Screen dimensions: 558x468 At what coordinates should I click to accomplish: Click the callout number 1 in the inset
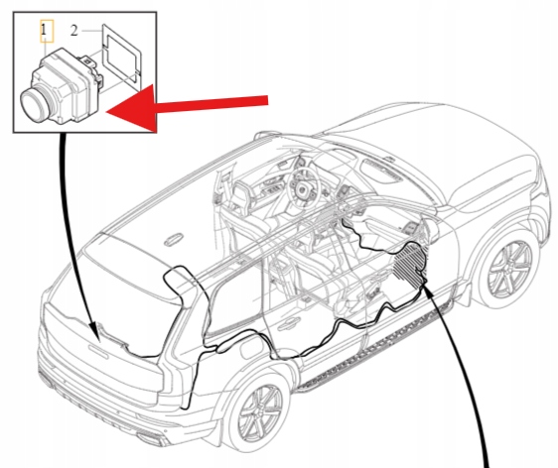click(44, 30)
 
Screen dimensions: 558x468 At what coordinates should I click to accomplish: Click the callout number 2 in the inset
click(73, 31)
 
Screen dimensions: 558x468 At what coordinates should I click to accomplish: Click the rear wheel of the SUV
click(261, 410)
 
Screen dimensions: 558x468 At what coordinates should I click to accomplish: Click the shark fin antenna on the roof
click(174, 239)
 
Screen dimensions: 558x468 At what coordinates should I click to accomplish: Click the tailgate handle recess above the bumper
click(98, 350)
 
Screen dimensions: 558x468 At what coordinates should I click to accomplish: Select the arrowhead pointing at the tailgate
click(95, 332)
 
